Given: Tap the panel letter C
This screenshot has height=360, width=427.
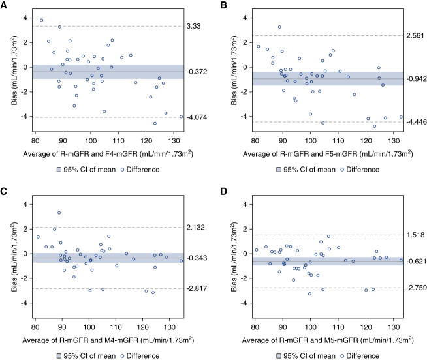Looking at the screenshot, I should click(5, 192).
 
